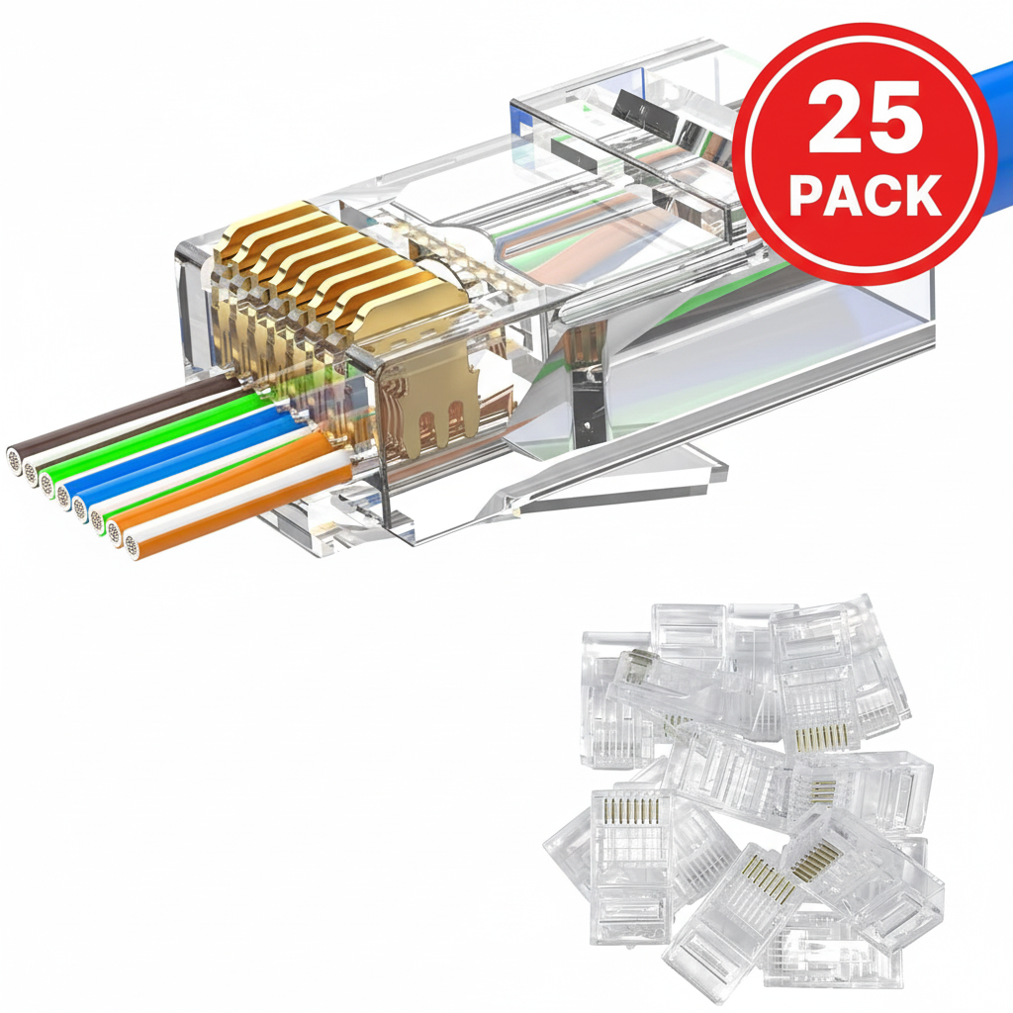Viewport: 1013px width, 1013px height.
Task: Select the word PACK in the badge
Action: [864, 195]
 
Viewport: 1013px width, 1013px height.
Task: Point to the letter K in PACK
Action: [922, 195]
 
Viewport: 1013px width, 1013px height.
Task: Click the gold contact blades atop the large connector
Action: [297, 257]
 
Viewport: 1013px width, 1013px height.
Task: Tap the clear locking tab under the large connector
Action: [633, 475]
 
